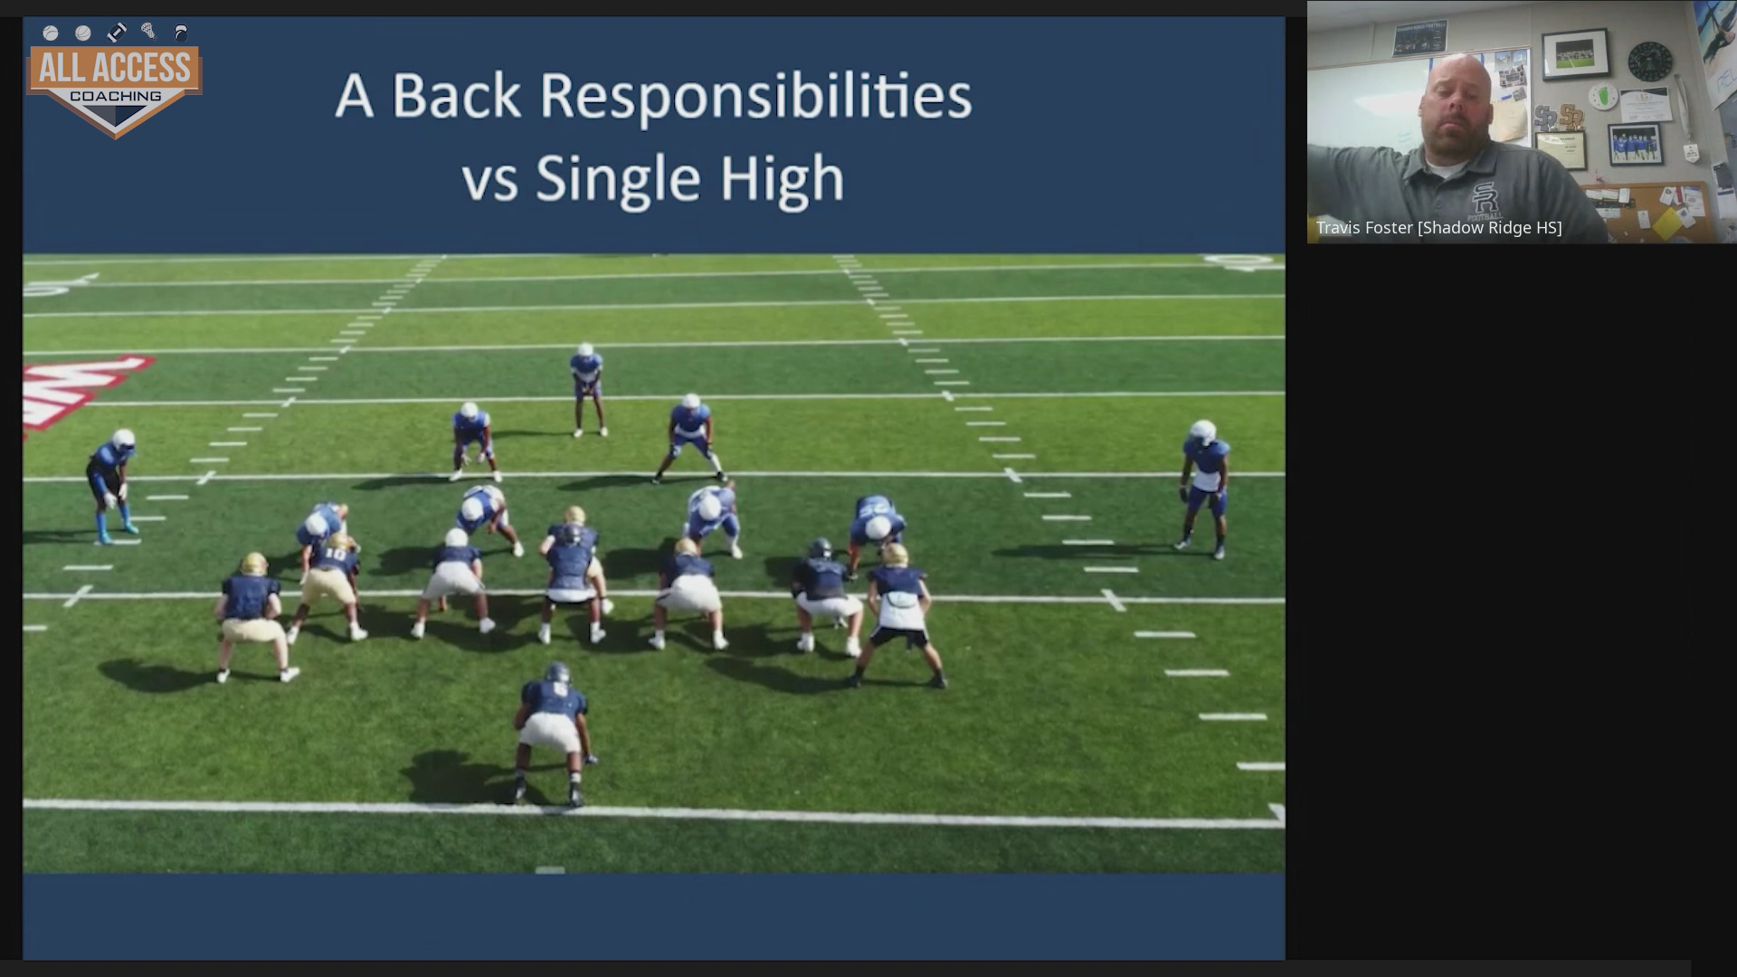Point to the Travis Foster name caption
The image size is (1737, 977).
1438,228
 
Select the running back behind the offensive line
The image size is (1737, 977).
553,734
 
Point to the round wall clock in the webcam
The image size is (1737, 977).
1650,62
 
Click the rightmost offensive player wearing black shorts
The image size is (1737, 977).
899,615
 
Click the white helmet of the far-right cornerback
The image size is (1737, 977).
1202,432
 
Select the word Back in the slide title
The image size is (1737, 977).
456,96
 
